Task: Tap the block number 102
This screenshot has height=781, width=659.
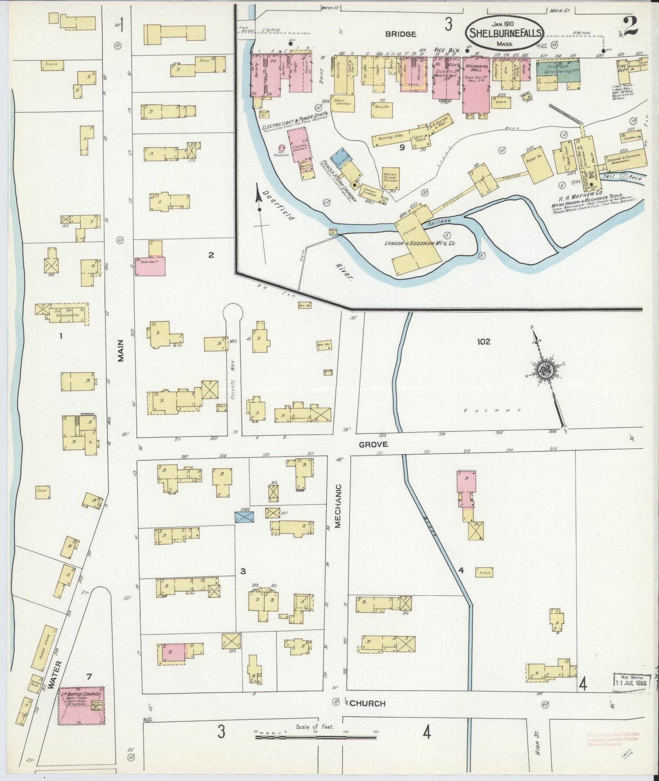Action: tap(483, 341)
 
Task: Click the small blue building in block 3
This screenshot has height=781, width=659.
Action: tap(244, 516)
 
